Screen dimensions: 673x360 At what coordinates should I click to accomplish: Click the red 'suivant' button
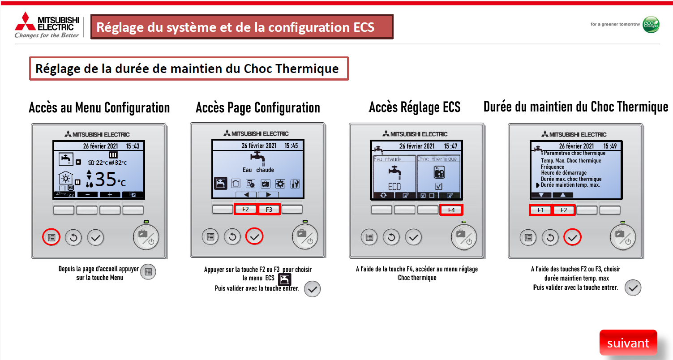[x=628, y=343]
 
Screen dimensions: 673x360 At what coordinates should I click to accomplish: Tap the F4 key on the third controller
[x=451, y=210]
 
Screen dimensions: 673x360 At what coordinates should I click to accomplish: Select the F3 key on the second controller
[x=269, y=209]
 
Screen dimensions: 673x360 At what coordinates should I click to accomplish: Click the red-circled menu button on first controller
[x=51, y=237]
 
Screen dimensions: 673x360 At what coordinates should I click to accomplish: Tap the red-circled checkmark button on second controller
[x=254, y=236]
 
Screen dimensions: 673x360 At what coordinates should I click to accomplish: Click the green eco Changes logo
[x=651, y=24]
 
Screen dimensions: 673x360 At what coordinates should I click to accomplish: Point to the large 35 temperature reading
[x=105, y=179]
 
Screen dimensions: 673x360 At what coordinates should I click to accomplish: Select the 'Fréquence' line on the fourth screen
[x=552, y=167]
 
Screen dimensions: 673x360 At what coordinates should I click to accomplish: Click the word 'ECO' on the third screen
[x=394, y=187]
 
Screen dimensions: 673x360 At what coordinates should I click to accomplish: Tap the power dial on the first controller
[x=146, y=237]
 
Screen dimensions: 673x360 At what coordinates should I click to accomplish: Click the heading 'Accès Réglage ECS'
[x=415, y=107]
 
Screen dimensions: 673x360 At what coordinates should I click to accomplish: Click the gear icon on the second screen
[x=280, y=184]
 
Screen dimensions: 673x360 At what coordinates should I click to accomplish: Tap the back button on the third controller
[x=391, y=237]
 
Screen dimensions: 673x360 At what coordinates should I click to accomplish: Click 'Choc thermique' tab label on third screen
[x=437, y=159]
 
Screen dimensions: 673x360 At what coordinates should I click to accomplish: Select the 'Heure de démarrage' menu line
[x=563, y=173]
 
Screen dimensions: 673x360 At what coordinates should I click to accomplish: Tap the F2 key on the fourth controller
[x=564, y=210]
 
